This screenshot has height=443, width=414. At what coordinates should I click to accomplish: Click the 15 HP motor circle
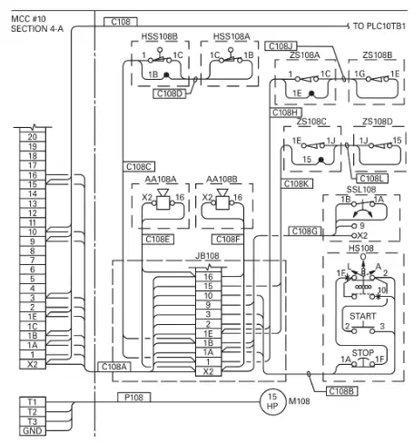click(272, 401)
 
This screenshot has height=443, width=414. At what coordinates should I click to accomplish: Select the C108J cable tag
click(281, 46)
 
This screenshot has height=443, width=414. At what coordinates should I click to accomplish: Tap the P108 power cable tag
click(133, 397)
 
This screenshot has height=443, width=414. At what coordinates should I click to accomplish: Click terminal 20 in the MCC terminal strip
click(33, 137)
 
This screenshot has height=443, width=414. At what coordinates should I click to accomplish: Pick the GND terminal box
click(33, 431)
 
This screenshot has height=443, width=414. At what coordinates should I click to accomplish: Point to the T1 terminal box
click(33, 402)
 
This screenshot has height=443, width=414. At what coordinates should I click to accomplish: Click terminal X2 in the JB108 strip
click(208, 371)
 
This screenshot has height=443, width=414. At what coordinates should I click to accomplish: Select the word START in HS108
click(363, 316)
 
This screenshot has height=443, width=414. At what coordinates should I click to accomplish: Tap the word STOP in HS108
click(363, 353)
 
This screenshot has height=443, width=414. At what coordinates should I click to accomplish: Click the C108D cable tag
click(170, 94)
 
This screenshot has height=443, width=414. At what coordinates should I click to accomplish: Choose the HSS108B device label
click(160, 36)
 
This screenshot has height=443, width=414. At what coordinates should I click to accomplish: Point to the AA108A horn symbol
click(163, 200)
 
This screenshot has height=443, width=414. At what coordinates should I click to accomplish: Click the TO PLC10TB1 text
click(379, 26)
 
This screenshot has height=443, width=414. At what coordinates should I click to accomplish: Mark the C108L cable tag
click(371, 179)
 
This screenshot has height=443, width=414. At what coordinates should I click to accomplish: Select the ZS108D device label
click(377, 122)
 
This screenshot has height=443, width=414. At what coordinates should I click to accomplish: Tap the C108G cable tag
click(304, 231)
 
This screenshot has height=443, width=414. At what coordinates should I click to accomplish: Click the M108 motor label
click(299, 401)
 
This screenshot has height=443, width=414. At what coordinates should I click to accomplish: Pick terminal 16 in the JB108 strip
click(208, 277)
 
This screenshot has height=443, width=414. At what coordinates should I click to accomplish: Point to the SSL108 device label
click(361, 190)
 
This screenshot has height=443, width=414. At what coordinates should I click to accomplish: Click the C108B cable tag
click(341, 391)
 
